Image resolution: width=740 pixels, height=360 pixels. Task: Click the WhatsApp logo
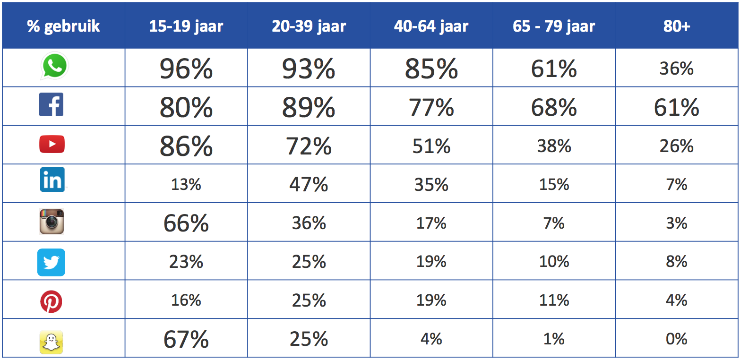pyautogui.click(x=54, y=66)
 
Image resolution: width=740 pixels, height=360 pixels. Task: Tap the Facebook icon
pyautogui.click(x=51, y=105)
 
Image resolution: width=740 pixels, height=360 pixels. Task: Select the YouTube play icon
pyautogui.click(x=52, y=144)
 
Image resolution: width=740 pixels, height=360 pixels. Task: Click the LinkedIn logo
pyautogui.click(x=52, y=180)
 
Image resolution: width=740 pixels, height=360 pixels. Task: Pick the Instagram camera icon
pyautogui.click(x=52, y=221)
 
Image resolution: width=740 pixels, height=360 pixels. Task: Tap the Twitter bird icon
pyautogui.click(x=51, y=262)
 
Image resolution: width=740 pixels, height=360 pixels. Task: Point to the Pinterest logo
pyautogui.click(x=51, y=301)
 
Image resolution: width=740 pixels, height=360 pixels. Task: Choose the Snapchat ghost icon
pyautogui.click(x=51, y=342)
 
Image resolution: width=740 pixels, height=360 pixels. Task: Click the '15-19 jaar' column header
pyautogui.click(x=186, y=26)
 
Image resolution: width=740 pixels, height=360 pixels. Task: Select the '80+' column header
pyautogui.click(x=676, y=26)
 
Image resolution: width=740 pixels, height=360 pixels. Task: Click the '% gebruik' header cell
pyautogui.click(x=63, y=26)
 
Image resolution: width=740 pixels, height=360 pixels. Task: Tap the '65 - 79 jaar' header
pyautogui.click(x=553, y=26)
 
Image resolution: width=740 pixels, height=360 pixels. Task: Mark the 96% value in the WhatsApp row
pyautogui.click(x=186, y=69)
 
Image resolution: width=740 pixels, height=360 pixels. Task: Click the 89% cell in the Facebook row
pyautogui.click(x=309, y=108)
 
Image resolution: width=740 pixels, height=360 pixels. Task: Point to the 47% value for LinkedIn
pyautogui.click(x=309, y=184)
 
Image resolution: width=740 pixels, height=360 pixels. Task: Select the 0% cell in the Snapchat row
pyautogui.click(x=676, y=339)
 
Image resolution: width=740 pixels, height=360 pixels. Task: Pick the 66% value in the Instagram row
pyautogui.click(x=186, y=223)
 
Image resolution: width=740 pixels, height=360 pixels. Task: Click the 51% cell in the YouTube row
pyautogui.click(x=431, y=146)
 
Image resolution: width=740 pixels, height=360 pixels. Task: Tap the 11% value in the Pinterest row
pyautogui.click(x=553, y=300)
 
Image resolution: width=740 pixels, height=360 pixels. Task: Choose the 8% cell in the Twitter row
pyautogui.click(x=676, y=261)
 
